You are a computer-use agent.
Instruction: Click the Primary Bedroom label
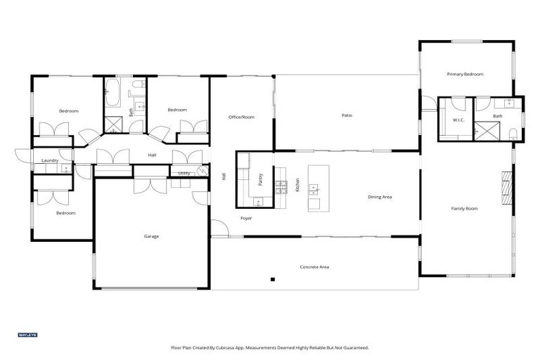click(465, 74)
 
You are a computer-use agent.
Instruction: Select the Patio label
click(347, 115)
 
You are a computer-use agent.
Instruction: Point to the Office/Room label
click(241, 117)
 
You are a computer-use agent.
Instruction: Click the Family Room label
click(464, 209)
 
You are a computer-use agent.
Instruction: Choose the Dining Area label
click(380, 197)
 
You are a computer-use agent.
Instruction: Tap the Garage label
click(151, 236)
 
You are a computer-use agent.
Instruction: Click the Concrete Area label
click(314, 267)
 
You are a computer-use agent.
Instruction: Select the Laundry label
click(49, 160)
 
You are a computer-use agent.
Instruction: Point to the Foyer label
click(246, 219)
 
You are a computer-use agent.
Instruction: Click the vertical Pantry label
click(261, 179)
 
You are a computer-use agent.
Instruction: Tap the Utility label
click(184, 173)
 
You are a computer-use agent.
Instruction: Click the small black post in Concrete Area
click(272, 280)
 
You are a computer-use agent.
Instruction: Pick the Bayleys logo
click(27, 335)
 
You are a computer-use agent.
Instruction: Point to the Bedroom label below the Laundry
click(66, 213)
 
